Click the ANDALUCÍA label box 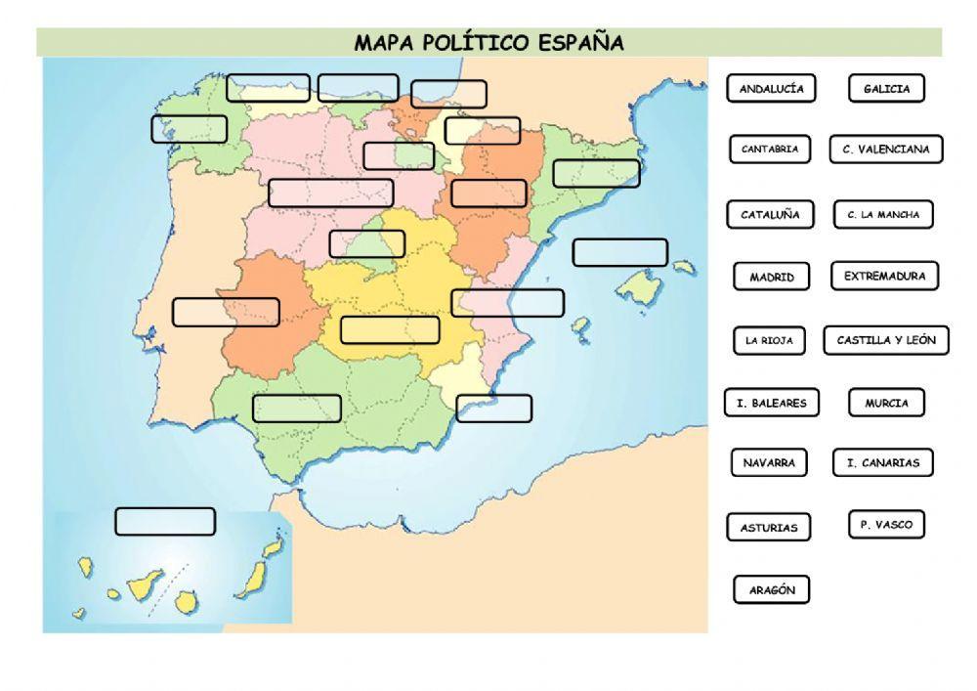point(771,89)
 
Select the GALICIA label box point(886,89)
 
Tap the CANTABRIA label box point(770,150)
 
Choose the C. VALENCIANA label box point(886,150)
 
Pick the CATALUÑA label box point(770,215)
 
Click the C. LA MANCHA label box point(883,215)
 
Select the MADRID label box point(772,278)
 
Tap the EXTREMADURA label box point(884,277)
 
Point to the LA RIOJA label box point(769,341)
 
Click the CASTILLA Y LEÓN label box point(886,340)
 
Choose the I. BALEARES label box point(771,403)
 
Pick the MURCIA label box point(886,403)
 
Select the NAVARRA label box point(769,462)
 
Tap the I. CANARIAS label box point(882,463)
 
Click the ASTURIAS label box point(769,528)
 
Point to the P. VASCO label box point(886,525)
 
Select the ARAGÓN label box point(772,590)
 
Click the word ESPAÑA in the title point(581,42)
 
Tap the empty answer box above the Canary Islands point(165,522)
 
